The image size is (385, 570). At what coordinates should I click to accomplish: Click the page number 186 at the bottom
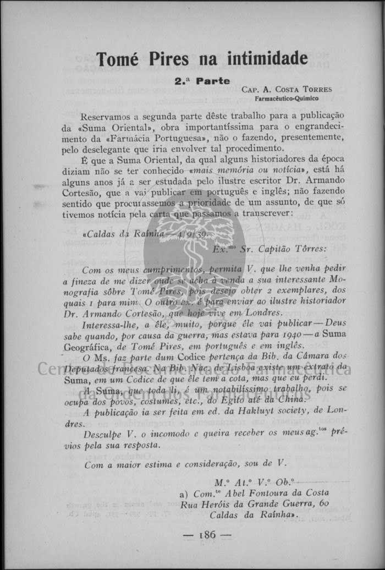click(208, 534)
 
